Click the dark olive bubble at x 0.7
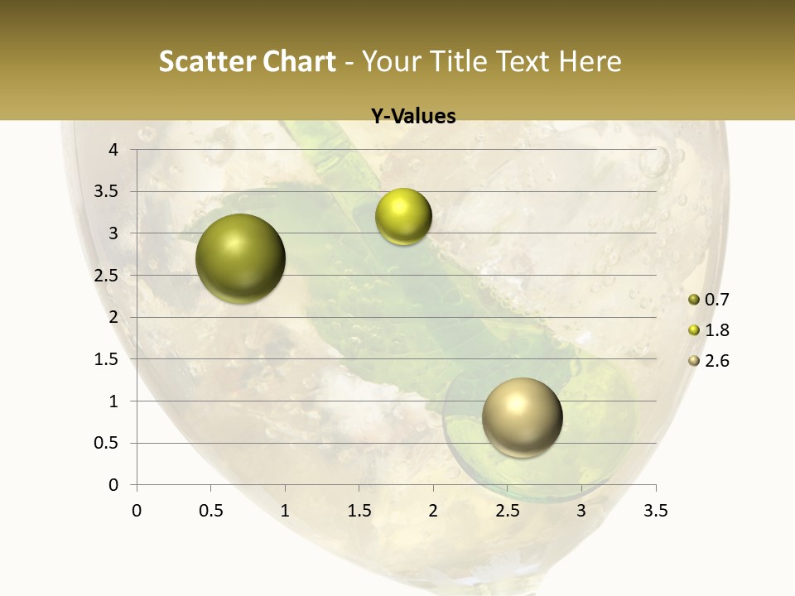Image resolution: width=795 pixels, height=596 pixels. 240,258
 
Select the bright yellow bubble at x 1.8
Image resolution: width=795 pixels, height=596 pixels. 403,217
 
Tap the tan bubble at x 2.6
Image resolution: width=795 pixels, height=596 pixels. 522,417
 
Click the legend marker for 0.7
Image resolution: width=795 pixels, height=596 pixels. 694,300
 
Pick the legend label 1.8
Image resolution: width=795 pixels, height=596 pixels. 716,330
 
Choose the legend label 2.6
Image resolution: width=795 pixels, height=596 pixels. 716,361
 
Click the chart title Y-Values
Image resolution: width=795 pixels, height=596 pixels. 413,117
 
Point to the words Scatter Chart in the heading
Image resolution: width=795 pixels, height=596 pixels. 247,61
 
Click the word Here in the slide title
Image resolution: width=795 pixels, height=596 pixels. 589,61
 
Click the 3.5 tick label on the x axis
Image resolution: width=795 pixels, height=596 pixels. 655,511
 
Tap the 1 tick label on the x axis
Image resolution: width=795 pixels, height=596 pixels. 285,511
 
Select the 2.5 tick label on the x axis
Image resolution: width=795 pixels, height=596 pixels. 507,511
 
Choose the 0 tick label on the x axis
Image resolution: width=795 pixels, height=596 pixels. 137,511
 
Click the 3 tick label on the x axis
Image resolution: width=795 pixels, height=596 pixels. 581,511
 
